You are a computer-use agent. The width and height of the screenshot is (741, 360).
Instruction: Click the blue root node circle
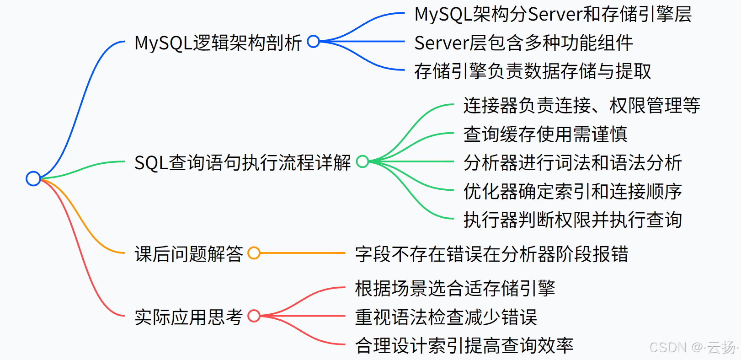[33, 178]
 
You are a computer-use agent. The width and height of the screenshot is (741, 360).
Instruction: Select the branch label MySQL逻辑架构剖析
[218, 43]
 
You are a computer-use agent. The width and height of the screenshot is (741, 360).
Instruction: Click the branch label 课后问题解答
[188, 254]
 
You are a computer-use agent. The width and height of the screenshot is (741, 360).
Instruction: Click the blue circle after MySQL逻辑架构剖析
[314, 42]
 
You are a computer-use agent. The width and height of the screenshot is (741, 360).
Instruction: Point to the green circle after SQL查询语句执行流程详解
[363, 161]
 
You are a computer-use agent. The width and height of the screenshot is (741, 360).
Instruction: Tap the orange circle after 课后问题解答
[254, 253]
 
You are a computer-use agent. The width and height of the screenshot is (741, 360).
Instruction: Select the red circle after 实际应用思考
[254, 316]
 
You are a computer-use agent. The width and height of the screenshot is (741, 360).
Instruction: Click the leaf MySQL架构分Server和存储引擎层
[553, 14]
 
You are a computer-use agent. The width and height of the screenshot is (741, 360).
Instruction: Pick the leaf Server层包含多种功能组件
[523, 43]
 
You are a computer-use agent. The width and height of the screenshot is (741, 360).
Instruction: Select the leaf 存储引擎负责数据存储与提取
[533, 71]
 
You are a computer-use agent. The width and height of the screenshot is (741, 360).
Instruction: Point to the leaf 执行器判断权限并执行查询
[572, 220]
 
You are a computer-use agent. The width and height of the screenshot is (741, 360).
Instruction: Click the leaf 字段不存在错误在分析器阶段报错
[491, 254]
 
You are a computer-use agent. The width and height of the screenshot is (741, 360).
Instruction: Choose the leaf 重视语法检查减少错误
[446, 317]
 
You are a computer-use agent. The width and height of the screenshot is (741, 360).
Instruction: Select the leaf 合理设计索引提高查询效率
[464, 345]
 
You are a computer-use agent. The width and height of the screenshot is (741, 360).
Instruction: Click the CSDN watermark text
[693, 348]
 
